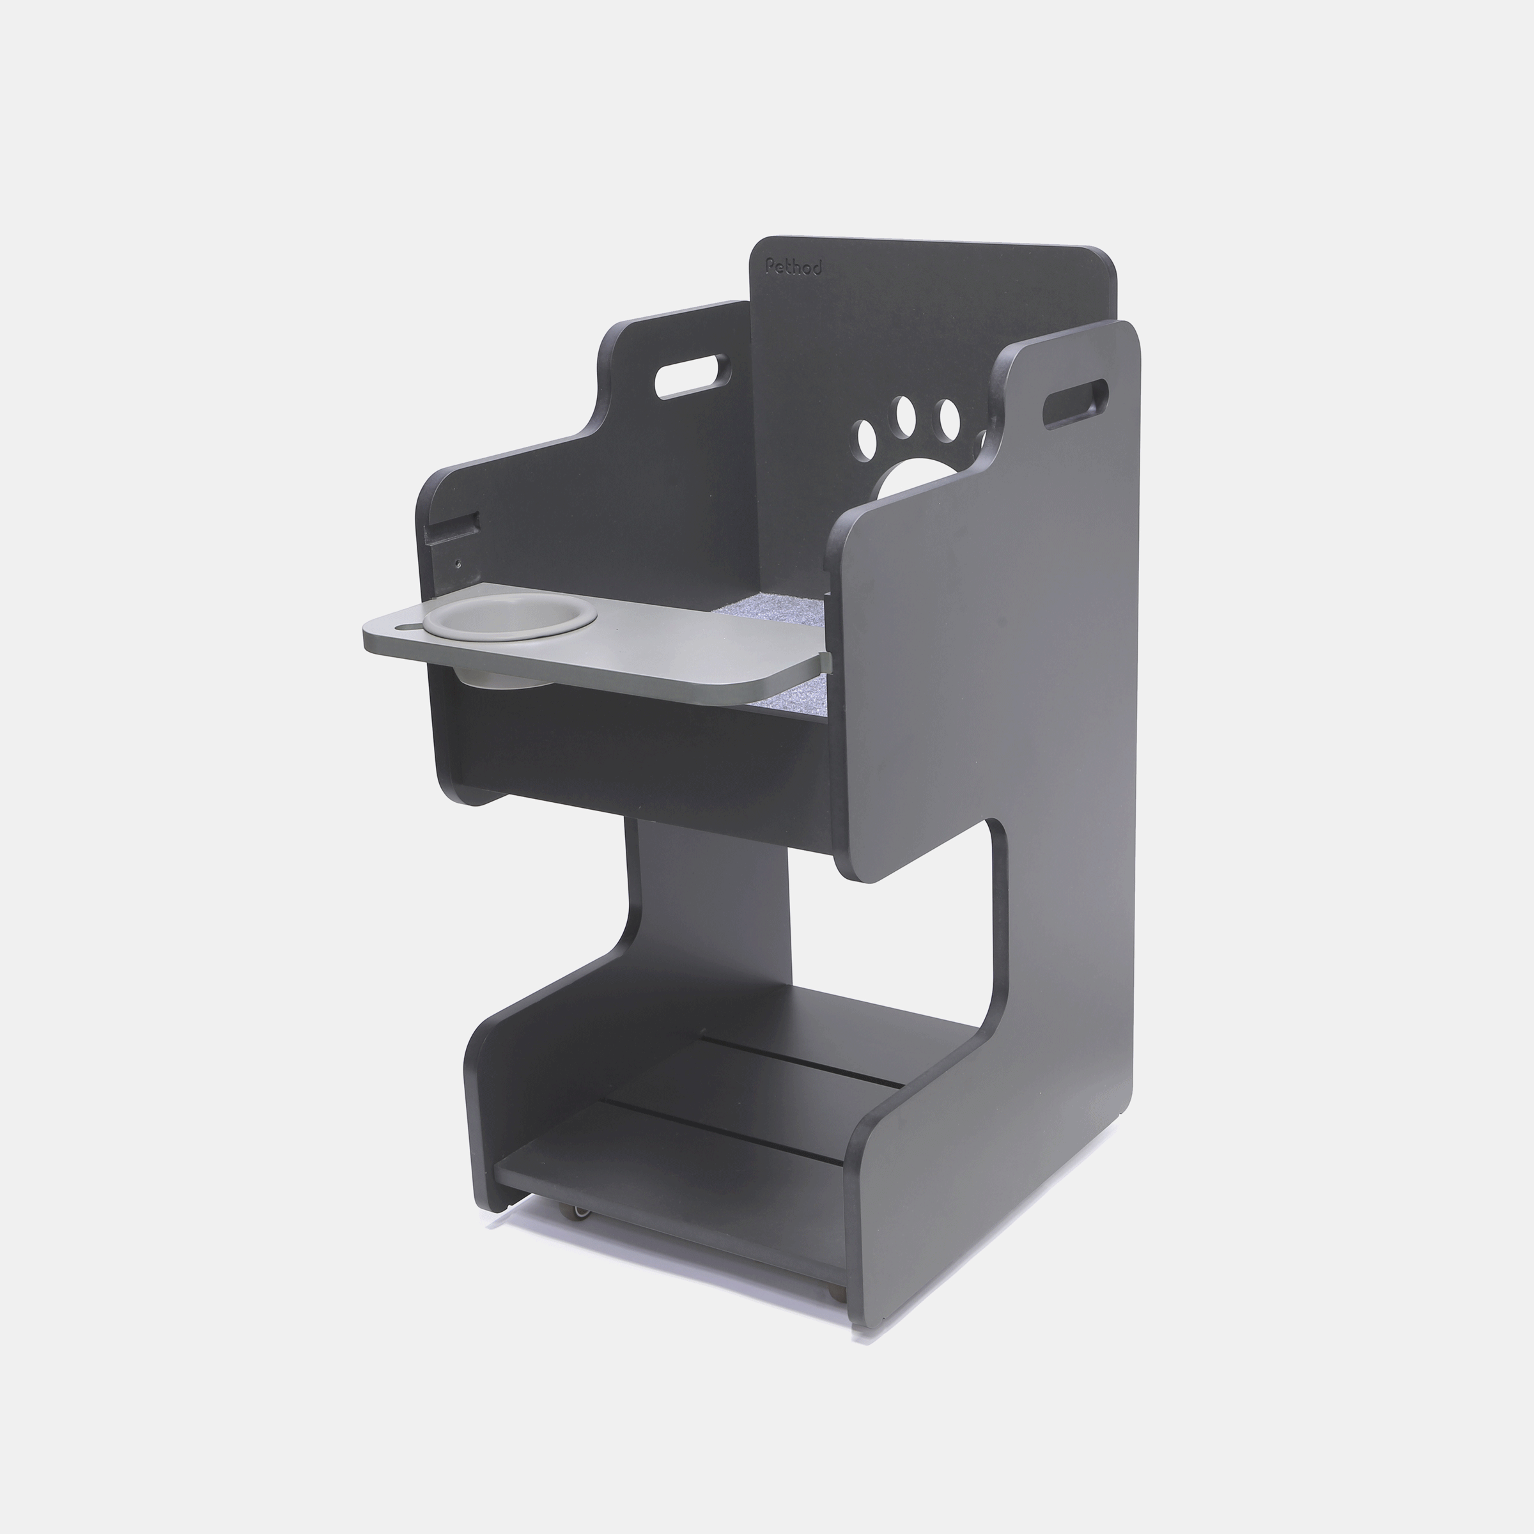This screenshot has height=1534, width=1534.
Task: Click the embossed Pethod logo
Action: pos(793,267)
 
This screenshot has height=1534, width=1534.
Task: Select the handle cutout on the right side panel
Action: pos(1076,404)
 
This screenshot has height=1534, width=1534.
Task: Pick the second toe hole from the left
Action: pos(904,412)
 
